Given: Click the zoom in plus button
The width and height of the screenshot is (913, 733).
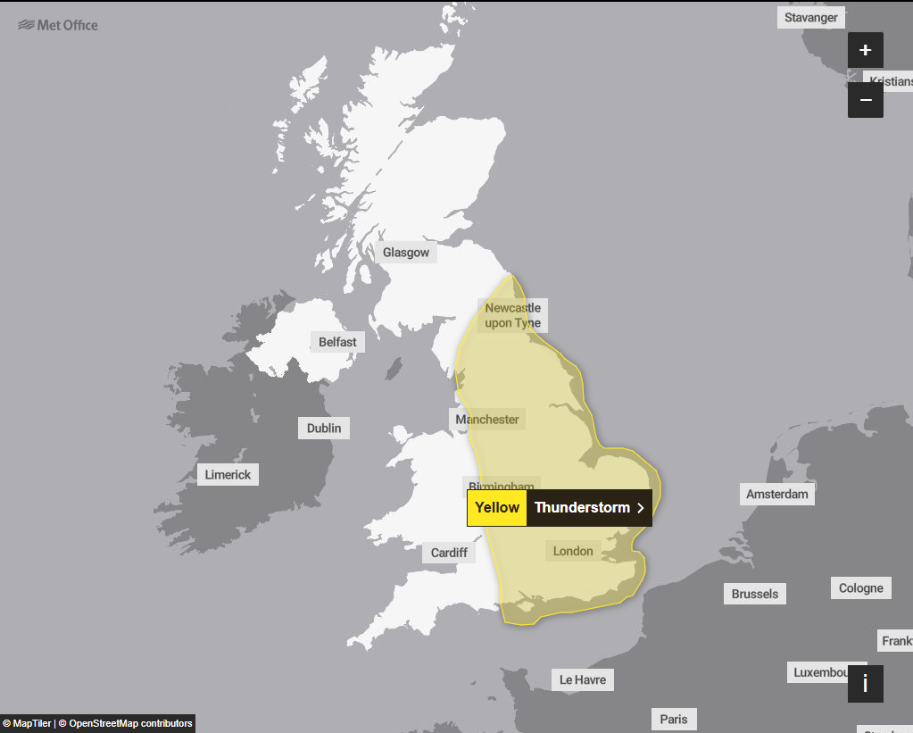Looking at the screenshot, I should coord(865,50).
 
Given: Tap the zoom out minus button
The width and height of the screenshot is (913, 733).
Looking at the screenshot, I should coord(865,100).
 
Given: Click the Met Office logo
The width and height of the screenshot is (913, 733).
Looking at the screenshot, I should coord(58,25).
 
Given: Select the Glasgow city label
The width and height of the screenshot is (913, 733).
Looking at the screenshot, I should coord(406,253).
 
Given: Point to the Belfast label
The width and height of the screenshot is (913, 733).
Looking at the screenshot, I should coord(337,342).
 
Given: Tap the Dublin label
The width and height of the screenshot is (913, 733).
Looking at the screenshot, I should coord(324,428).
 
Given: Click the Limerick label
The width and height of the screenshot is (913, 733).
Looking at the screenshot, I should coord(228,475).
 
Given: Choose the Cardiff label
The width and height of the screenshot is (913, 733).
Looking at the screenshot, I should coord(449,553).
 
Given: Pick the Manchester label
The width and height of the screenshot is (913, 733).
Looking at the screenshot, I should coord(487,419).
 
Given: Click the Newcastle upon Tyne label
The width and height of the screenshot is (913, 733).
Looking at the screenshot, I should coord(513,316).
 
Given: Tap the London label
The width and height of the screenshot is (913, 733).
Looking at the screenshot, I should coord(573,551).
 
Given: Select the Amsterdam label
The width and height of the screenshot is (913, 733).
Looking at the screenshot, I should coord(777,494).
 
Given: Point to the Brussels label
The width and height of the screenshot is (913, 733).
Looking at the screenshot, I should coord(755,594).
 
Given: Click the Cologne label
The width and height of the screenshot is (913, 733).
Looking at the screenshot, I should coord(861,588).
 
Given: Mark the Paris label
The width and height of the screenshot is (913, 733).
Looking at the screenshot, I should coord(674,719).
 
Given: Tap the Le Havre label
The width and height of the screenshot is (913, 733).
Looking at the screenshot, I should coord(583,679).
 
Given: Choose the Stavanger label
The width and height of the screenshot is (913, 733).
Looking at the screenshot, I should coord(811,17).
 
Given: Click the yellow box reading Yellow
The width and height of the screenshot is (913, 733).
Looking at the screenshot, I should coord(497,508).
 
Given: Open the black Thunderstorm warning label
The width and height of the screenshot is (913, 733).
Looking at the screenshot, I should coord(589,508).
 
